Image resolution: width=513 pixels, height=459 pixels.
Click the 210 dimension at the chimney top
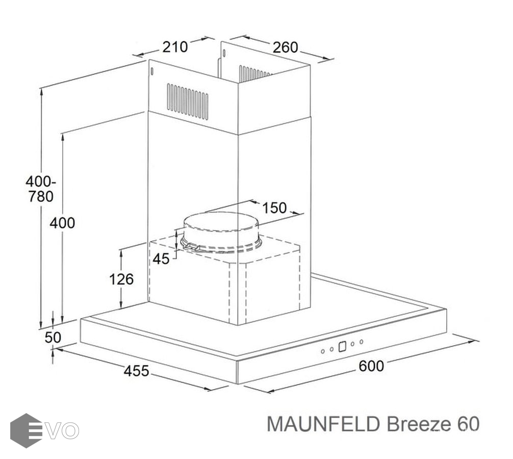[x=175, y=47]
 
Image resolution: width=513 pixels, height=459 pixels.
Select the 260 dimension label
[x=285, y=47]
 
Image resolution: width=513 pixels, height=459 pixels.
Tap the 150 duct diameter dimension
[x=274, y=208]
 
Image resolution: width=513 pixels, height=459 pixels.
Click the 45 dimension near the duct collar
[x=161, y=259]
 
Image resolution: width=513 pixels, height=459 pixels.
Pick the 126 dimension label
[x=122, y=279]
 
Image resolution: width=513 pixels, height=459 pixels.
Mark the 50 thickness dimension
[x=53, y=337]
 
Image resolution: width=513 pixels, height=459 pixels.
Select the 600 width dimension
[x=372, y=366]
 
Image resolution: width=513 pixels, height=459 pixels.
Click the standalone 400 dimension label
[x=63, y=223]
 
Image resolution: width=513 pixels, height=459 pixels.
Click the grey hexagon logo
[x=25, y=430]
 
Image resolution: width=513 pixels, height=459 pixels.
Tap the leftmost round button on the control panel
[x=323, y=351]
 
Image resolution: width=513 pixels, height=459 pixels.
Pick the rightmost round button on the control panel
[x=361, y=342]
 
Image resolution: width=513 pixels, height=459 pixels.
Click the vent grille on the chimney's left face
[x=188, y=101]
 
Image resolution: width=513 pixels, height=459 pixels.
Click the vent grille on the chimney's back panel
[x=254, y=74]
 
